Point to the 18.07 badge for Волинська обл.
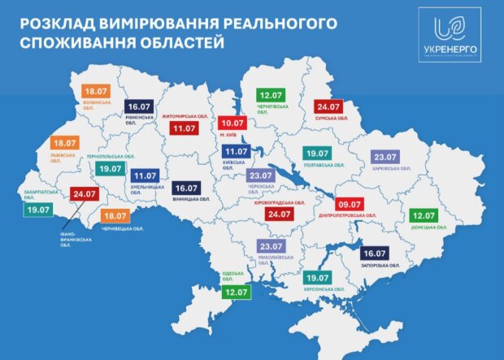point(98,92)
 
